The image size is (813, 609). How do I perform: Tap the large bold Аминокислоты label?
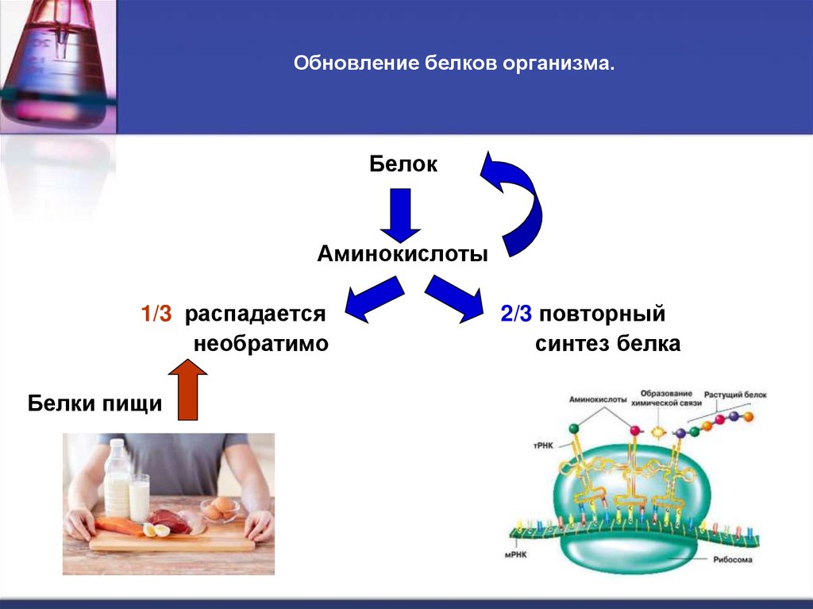(403, 254)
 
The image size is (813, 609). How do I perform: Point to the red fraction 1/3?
(156, 314)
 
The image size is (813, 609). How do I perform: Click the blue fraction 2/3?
(516, 314)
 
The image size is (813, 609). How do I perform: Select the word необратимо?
(260, 345)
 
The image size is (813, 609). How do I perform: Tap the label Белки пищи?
(95, 404)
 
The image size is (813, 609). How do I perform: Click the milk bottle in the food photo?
(118, 476)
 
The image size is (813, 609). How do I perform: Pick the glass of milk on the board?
(139, 498)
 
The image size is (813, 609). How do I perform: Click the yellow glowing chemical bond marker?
(658, 432)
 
